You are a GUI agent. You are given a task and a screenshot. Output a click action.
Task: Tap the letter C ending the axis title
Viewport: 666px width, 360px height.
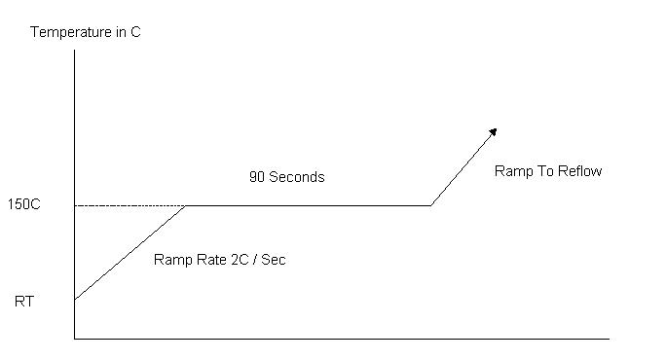[135, 32]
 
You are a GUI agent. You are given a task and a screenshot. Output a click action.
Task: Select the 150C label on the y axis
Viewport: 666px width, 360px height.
[24, 204]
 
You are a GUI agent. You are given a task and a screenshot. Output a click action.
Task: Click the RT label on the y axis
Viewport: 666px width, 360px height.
[24, 302]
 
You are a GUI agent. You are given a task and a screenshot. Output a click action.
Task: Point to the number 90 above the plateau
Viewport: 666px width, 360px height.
[257, 177]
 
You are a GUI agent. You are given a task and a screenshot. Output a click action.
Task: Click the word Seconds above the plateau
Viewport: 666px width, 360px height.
[297, 177]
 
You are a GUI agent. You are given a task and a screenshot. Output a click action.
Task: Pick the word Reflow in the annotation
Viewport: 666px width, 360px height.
[579, 171]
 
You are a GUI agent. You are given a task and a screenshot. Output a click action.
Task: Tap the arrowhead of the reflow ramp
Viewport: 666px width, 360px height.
[493, 132]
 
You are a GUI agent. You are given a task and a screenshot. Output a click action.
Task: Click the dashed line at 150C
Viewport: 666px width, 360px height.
[129, 206]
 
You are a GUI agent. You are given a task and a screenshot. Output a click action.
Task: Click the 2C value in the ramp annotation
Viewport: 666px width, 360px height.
[240, 260]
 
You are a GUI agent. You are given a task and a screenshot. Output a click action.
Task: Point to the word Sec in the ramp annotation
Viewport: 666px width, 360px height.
[273, 260]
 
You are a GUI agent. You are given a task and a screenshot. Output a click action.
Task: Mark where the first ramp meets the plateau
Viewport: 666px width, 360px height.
[186, 206]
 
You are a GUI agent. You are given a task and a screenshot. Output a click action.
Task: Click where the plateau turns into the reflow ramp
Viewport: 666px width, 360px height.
[431, 206]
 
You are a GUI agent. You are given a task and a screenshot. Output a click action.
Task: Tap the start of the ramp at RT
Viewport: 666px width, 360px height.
[75, 300]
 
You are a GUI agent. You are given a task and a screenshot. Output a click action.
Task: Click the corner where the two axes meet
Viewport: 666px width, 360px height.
[75, 339]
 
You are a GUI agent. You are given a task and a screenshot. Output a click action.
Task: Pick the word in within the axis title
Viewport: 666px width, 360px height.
[121, 32]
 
